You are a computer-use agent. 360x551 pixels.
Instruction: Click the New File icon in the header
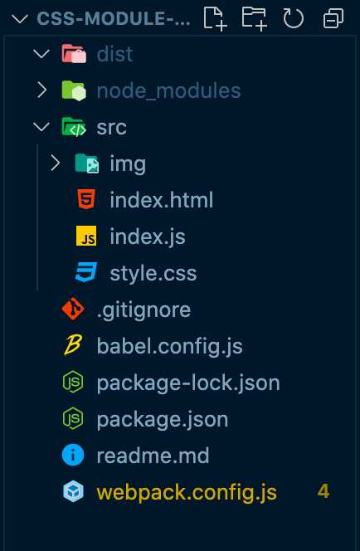(216, 18)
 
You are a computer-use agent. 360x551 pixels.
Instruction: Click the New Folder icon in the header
(255, 18)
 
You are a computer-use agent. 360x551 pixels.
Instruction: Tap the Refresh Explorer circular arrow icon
(294, 18)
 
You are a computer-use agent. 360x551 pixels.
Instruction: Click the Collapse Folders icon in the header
(333, 18)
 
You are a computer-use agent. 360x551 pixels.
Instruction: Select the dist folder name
(114, 55)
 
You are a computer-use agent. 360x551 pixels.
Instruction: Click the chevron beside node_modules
(42, 90)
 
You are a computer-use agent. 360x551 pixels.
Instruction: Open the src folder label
(111, 127)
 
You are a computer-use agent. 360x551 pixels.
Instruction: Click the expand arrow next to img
(55, 163)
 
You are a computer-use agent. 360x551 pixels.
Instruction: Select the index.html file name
(162, 200)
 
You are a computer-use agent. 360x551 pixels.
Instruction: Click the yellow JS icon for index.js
(86, 236)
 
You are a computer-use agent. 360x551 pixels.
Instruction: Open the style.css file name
(153, 273)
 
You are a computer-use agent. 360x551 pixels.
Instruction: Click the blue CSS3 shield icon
(86, 272)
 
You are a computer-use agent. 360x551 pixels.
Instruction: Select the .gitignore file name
(144, 310)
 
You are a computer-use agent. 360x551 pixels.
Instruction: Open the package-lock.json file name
(188, 383)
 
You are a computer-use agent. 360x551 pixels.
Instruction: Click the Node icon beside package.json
(73, 418)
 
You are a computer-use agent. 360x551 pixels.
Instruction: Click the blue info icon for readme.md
(73, 455)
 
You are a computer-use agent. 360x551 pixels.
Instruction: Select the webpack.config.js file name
(187, 492)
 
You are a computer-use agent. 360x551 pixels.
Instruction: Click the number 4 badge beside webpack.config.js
(324, 491)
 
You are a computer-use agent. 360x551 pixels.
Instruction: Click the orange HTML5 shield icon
(86, 199)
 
